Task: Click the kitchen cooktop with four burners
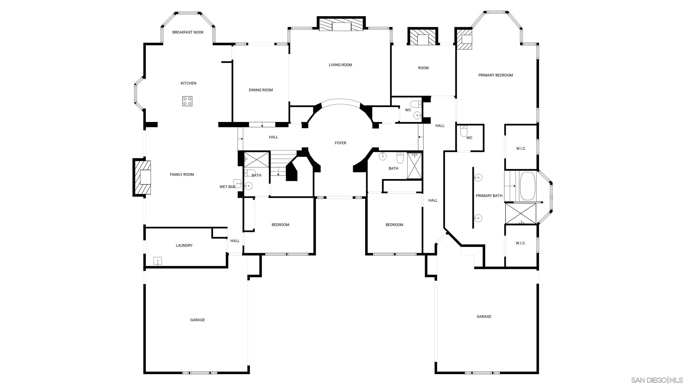pyautogui.click(x=187, y=101)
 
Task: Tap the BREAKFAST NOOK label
pyautogui.click(x=188, y=32)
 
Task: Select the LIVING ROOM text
pyautogui.click(x=340, y=65)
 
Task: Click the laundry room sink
pyautogui.click(x=157, y=261)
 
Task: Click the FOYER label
pyautogui.click(x=340, y=143)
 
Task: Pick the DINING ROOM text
pyautogui.click(x=261, y=90)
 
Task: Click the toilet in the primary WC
pyautogui.click(x=464, y=131)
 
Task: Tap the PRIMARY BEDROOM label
pyautogui.click(x=495, y=75)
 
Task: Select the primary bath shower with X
pyautogui.click(x=520, y=214)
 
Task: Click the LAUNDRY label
pyautogui.click(x=184, y=246)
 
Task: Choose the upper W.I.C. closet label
pyautogui.click(x=521, y=149)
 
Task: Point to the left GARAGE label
pyautogui.click(x=197, y=320)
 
